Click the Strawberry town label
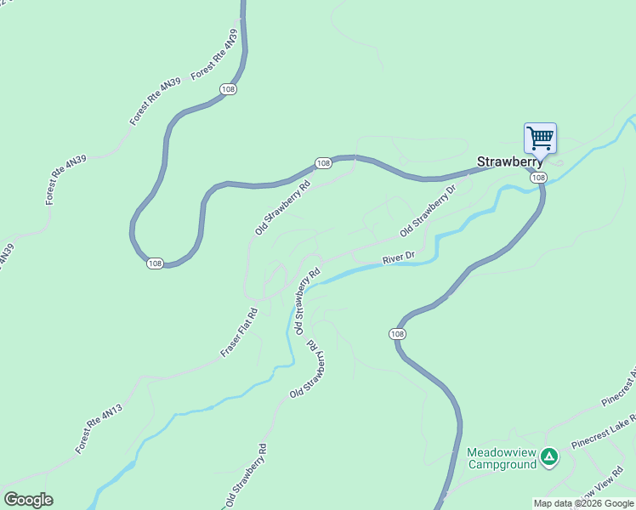coord(509,161)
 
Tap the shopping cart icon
coord(540,138)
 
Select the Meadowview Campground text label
coord(502,458)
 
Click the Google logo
coord(28,500)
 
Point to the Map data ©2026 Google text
coord(583,503)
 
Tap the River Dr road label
coord(398,257)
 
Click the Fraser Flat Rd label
coord(239,331)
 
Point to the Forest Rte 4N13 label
coord(99,429)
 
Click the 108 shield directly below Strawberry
coord(538,178)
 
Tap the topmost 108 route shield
coord(227,89)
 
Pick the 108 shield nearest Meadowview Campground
coord(398,333)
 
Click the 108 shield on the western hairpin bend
coord(154,263)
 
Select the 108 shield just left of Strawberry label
coord(322,162)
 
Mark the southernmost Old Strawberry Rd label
coord(247,476)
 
